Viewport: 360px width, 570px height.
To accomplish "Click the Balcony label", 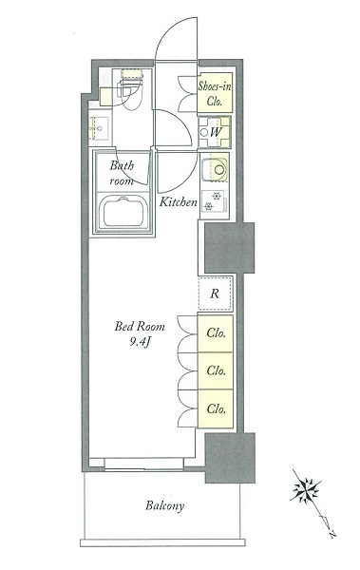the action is [x=164, y=506].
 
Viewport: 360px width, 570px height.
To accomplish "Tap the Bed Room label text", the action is [x=140, y=326].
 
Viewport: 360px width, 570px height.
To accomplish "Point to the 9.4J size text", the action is [x=140, y=342].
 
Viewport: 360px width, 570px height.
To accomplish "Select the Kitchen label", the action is [x=179, y=201].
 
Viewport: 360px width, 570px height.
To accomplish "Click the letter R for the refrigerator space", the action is [x=215, y=294].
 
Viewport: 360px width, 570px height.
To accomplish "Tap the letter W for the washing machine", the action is [x=215, y=132].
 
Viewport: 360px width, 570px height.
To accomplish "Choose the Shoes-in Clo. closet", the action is [x=215, y=93].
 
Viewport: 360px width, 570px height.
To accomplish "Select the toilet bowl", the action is [x=131, y=93].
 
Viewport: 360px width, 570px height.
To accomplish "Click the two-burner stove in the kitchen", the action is [x=214, y=201].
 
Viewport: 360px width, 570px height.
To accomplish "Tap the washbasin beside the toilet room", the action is [x=99, y=128].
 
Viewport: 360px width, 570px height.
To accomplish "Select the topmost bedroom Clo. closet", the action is [x=215, y=333].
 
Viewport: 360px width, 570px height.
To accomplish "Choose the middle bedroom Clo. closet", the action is [x=215, y=370].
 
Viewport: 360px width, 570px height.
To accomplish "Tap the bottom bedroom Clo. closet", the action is [x=215, y=408].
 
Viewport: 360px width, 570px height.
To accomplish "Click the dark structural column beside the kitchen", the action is [x=229, y=248].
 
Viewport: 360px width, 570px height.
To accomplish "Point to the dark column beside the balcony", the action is [x=230, y=458].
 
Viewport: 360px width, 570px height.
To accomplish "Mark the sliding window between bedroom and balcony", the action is [x=144, y=465].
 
